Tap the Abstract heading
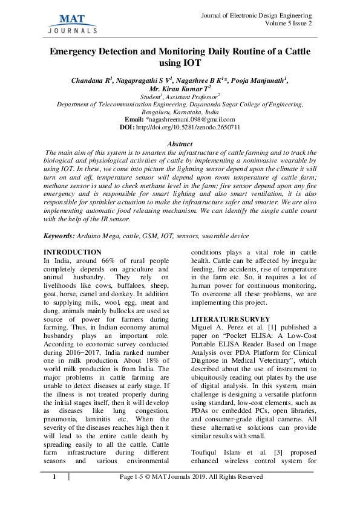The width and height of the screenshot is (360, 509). [x=180, y=144]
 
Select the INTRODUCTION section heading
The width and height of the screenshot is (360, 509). [x=73, y=251]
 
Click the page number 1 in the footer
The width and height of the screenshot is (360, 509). [x=54, y=477]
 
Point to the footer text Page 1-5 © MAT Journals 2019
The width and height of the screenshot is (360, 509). [x=191, y=477]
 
